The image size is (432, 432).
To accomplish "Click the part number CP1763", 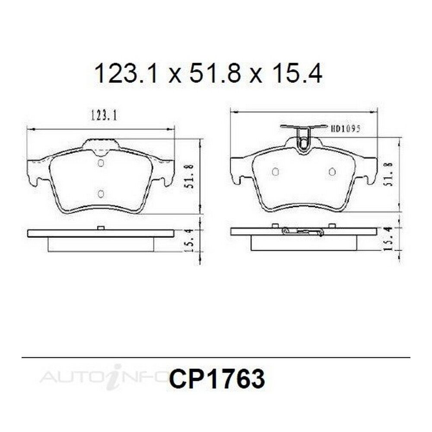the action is pos(217,379).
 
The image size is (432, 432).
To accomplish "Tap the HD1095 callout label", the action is pos(345,129).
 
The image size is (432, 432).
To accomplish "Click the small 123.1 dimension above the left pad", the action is pos(103,116).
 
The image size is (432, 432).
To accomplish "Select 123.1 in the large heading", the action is pos(126,73).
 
